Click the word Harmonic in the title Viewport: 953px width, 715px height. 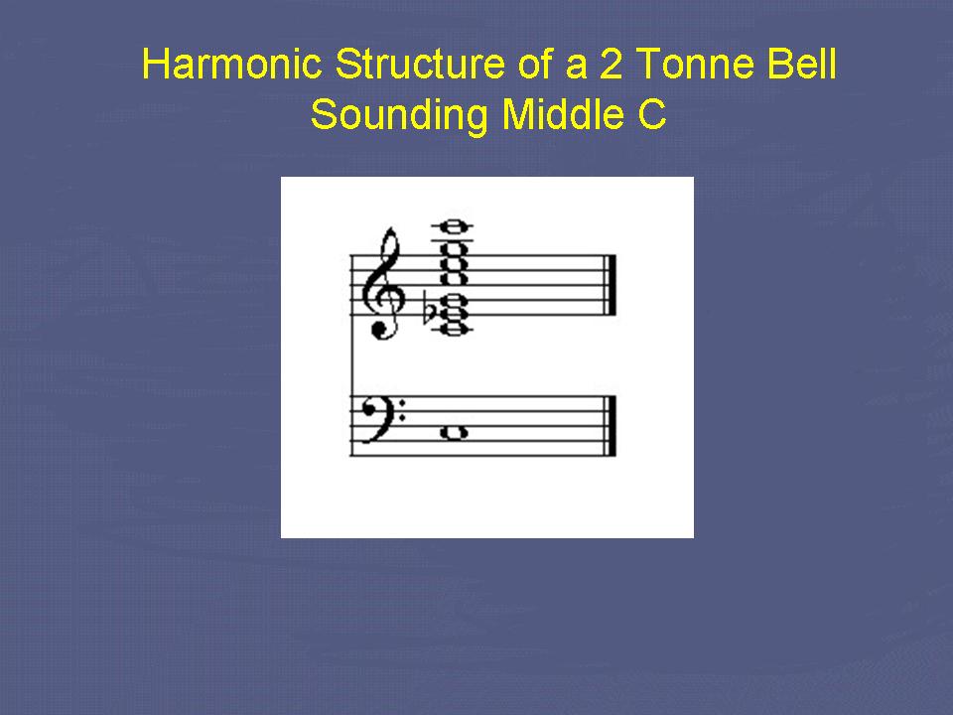pos(231,64)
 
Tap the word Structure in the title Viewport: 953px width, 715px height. pos(419,64)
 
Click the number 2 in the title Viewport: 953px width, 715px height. pos(611,64)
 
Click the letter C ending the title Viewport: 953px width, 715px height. pos(652,114)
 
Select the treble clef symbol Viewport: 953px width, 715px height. pos(383,283)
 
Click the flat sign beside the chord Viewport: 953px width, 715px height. pos(430,311)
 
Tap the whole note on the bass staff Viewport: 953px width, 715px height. pos(454,432)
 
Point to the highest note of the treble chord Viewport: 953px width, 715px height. pos(453,226)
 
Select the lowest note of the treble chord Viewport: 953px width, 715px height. pos(453,330)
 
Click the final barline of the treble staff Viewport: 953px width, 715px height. pos(611,285)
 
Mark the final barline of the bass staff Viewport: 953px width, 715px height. pos(611,426)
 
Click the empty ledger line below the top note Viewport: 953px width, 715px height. pos(453,240)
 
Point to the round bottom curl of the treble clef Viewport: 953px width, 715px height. pos(380,329)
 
